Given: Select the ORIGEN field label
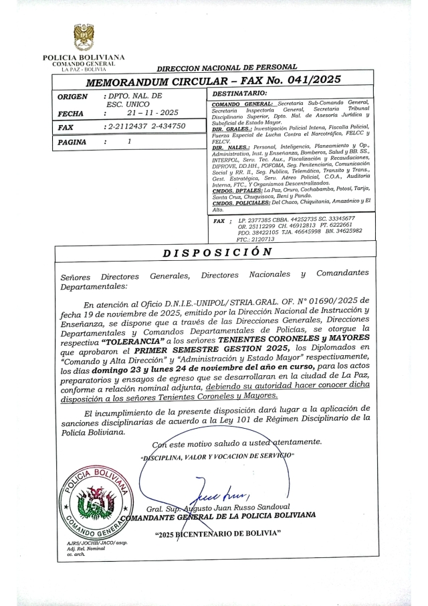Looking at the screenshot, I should point(72,97).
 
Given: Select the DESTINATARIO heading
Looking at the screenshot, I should point(239,93).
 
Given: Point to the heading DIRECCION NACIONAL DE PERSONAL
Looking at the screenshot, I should point(227,68).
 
